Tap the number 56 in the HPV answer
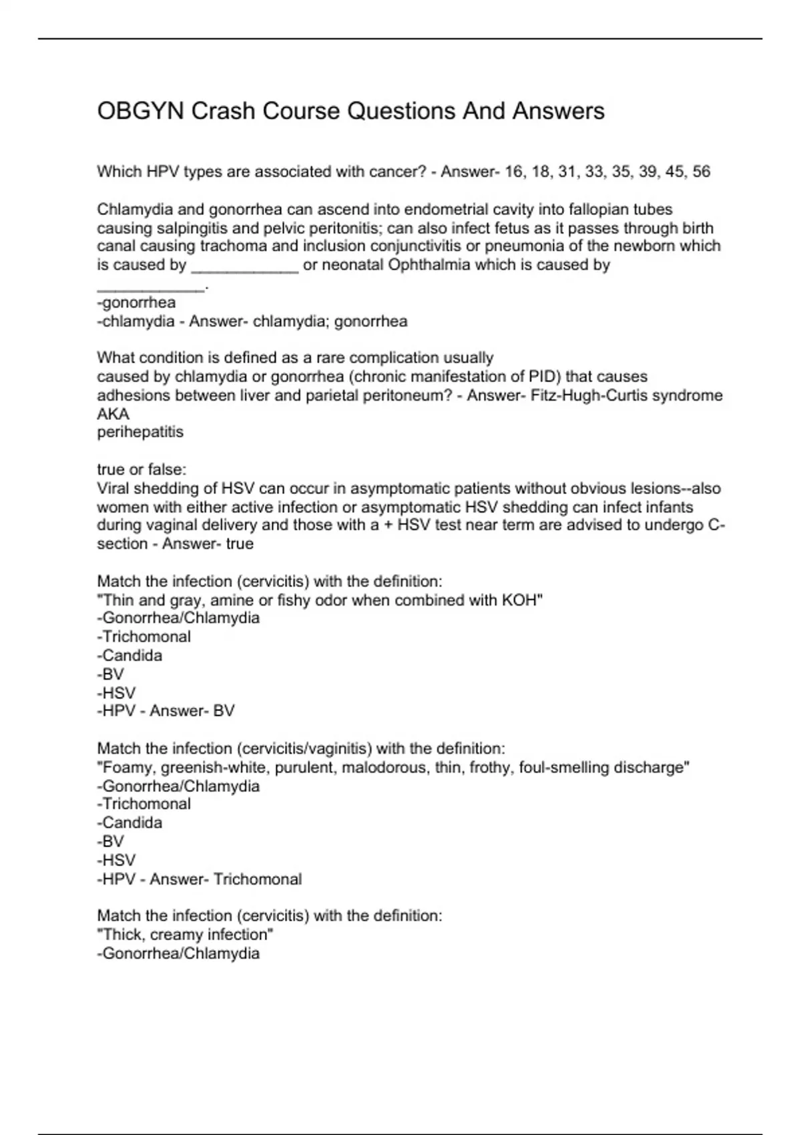[701, 172]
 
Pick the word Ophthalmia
[429, 264]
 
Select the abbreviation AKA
[113, 414]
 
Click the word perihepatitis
[140, 432]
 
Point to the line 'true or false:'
[142, 469]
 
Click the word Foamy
[127, 767]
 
